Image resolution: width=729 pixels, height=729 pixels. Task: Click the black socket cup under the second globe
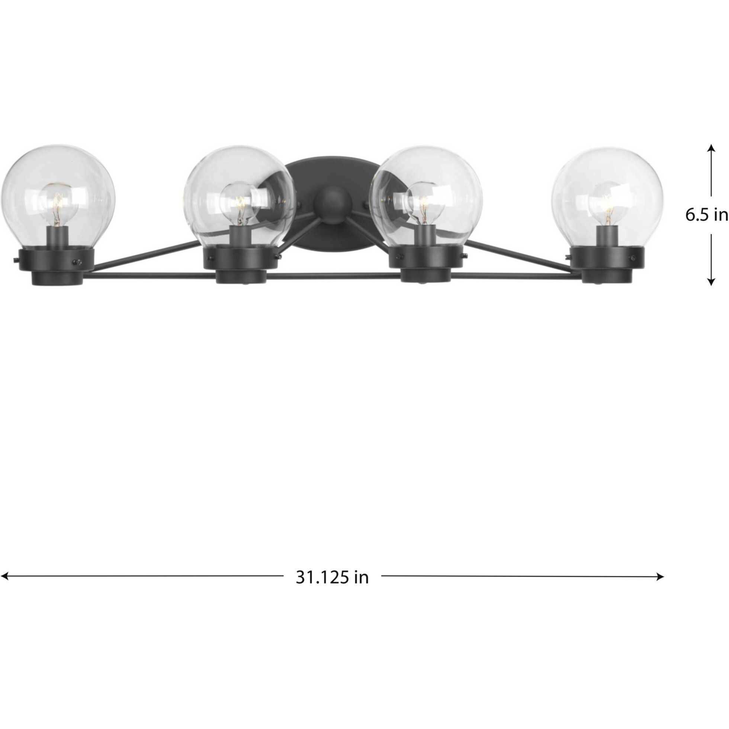coord(241,264)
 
